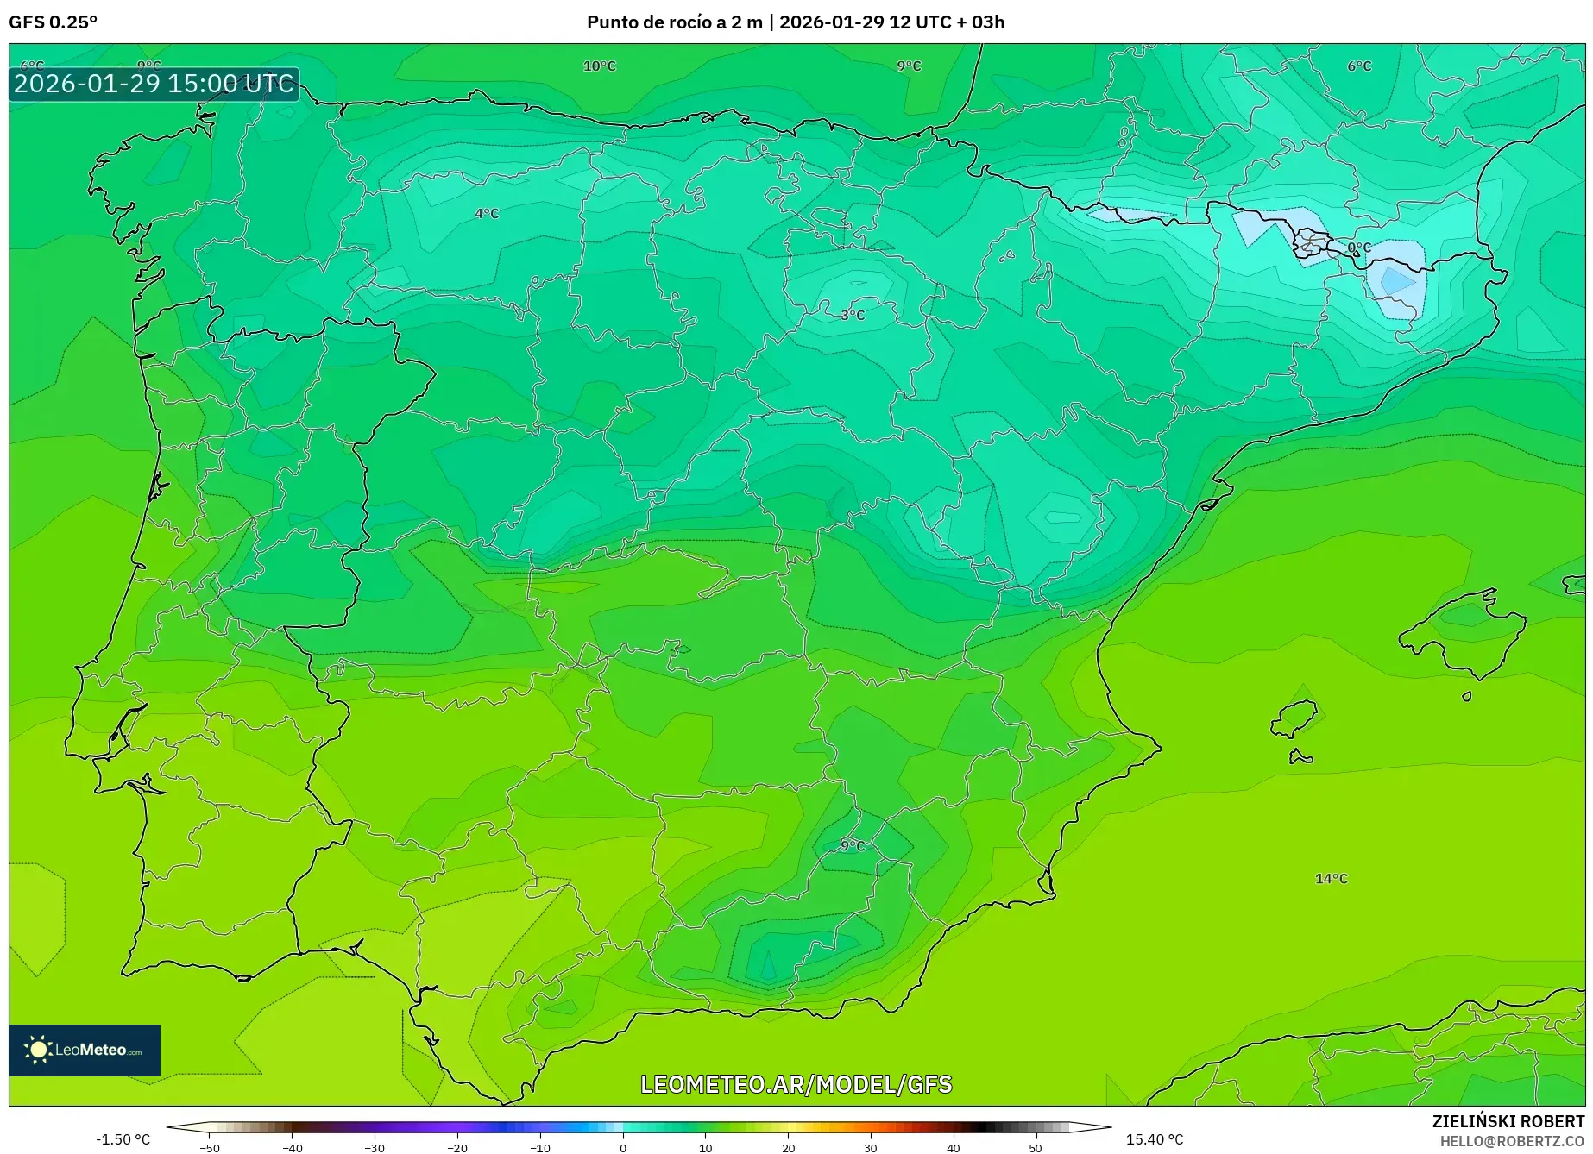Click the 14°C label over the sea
coord(1331,878)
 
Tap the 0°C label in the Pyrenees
coord(1359,248)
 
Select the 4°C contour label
coord(487,213)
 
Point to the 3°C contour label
coord(853,315)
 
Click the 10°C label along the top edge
coord(600,66)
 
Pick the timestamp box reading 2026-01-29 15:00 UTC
coord(154,84)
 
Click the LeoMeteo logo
coord(85,1050)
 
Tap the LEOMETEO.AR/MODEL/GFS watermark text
coord(796,1084)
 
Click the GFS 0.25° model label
coord(53,22)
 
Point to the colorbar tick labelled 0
coord(623,1147)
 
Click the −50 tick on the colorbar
coord(209,1147)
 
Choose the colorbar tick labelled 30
coord(871,1147)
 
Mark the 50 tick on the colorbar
coord(1036,1147)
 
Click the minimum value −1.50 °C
coord(123,1139)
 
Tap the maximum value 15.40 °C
coord(1154,1139)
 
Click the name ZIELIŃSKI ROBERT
coord(1508,1122)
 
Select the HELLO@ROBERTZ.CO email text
coord(1512,1141)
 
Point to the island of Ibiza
coord(1294,718)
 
